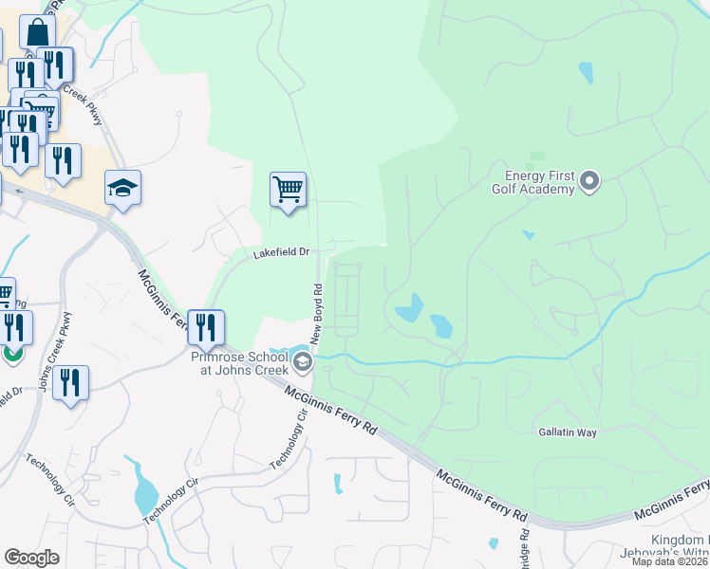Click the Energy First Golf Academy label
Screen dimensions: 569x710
coord(538,181)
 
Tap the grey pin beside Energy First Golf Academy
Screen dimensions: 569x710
coord(589,179)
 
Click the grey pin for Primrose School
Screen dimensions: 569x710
coord(302,360)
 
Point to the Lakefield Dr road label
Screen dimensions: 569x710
coord(281,253)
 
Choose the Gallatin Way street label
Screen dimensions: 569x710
coord(568,432)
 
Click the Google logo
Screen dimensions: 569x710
coord(32,557)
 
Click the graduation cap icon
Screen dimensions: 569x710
coord(122,188)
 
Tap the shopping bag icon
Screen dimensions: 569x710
coord(37,32)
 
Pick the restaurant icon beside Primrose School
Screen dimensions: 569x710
coord(206,327)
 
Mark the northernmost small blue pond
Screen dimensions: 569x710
coord(586,72)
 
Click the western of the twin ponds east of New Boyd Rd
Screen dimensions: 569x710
coord(408,307)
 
